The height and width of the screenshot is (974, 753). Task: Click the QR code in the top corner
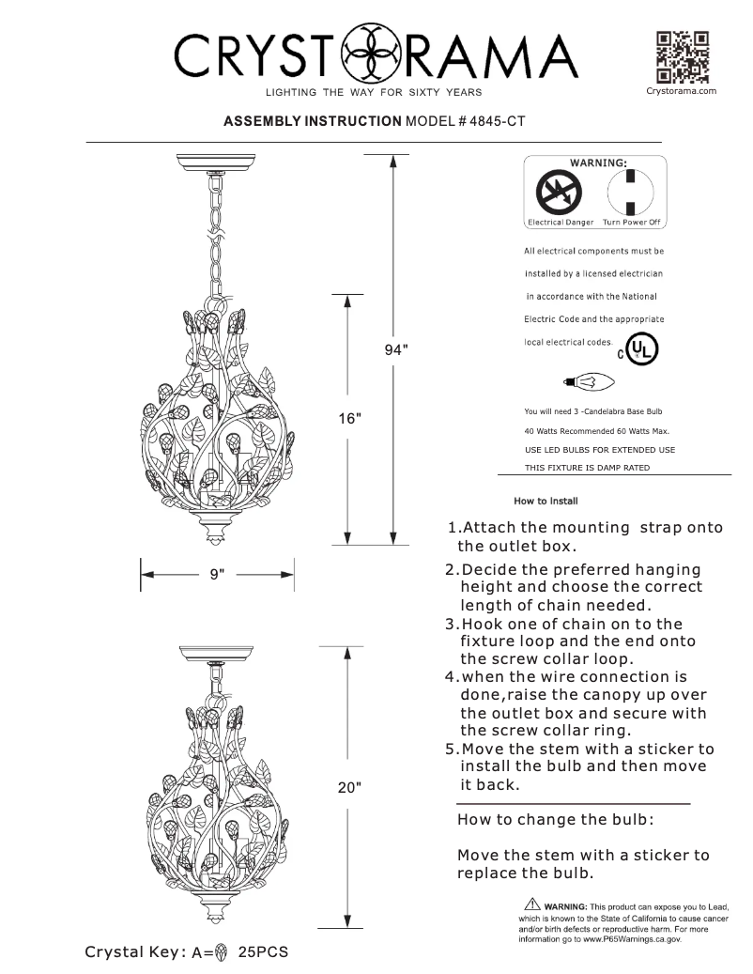tap(682, 57)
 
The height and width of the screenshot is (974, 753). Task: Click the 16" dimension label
tap(350, 418)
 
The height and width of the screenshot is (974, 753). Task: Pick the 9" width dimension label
tap(217, 573)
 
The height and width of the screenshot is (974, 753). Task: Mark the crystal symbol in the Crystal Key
tap(223, 951)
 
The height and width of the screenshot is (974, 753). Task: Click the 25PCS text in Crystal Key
tap(262, 951)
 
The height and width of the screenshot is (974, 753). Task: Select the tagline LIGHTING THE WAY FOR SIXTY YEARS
tap(373, 92)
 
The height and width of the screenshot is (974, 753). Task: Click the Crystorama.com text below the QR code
tap(683, 90)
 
